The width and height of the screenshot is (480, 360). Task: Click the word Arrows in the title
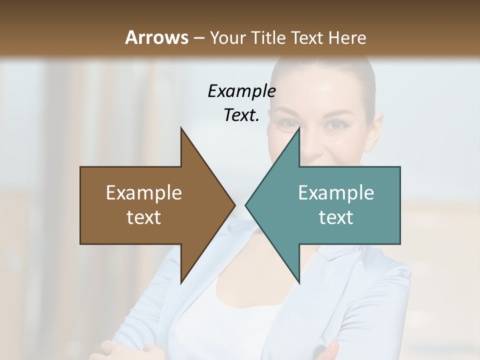[156, 37]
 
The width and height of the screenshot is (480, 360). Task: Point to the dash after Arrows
[198, 38]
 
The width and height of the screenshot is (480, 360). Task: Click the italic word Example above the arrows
[241, 91]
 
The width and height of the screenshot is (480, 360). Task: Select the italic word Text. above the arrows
[241, 115]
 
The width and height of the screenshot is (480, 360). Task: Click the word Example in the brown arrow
[144, 193]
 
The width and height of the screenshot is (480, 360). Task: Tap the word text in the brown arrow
[144, 217]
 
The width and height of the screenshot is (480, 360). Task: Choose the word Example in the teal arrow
[336, 193]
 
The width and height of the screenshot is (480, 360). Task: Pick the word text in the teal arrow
[336, 217]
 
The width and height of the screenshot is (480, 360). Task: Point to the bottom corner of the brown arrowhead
[181, 282]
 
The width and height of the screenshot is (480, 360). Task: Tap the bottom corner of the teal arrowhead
[298, 282]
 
